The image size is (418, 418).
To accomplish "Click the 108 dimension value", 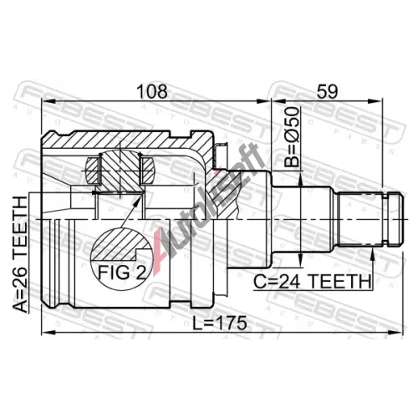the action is pos(153,91).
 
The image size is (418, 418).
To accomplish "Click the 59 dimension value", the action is pos(328,91).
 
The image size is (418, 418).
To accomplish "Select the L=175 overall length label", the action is pos(220,323).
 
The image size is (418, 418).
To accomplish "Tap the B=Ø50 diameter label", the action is pos(292,137).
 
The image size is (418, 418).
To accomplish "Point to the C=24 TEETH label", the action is pos(312,281).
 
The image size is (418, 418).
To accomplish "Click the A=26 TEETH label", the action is pos(20,254).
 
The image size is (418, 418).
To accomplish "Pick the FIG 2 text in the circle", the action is pos(122,273).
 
